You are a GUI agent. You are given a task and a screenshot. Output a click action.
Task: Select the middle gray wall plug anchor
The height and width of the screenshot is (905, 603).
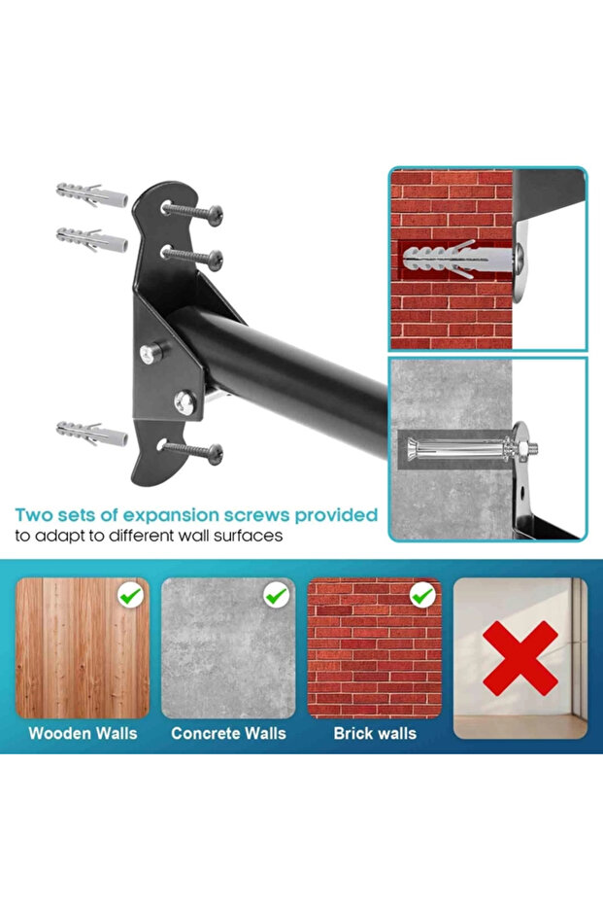91,237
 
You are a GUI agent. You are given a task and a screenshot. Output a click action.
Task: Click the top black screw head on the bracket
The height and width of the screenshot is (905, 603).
212,211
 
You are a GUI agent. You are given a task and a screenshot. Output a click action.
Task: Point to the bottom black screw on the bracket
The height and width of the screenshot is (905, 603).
212,452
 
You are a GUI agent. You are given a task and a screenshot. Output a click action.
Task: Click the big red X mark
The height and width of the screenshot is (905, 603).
519,658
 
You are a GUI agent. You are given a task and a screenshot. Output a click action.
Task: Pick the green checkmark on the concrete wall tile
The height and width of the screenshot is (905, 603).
277,593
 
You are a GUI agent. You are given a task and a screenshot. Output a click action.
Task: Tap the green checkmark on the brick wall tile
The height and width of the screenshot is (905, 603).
422,594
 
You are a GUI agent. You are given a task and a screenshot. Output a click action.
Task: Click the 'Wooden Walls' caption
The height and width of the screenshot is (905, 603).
83,733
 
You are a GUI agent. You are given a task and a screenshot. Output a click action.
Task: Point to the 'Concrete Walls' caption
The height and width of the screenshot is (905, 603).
228,733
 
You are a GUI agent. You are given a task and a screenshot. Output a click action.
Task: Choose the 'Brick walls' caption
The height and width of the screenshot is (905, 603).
375,733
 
